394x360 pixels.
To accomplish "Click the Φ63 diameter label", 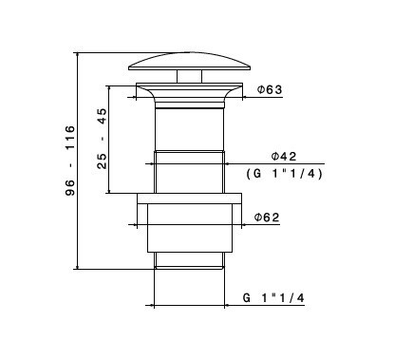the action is click(x=270, y=90).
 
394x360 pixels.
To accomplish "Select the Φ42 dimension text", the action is click(x=284, y=157).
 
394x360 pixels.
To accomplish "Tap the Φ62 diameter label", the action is click(x=267, y=218).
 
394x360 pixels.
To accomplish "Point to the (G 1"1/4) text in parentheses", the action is click(x=284, y=174).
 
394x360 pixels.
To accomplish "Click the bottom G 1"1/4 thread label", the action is click(x=273, y=298).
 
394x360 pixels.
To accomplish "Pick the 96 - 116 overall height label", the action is click(x=69, y=161).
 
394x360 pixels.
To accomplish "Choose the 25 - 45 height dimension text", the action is click(x=102, y=139).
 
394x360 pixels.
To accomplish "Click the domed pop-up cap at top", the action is click(x=190, y=62).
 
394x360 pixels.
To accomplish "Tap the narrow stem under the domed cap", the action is click(x=189, y=76).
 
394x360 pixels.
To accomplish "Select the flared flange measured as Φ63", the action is click(x=189, y=92).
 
